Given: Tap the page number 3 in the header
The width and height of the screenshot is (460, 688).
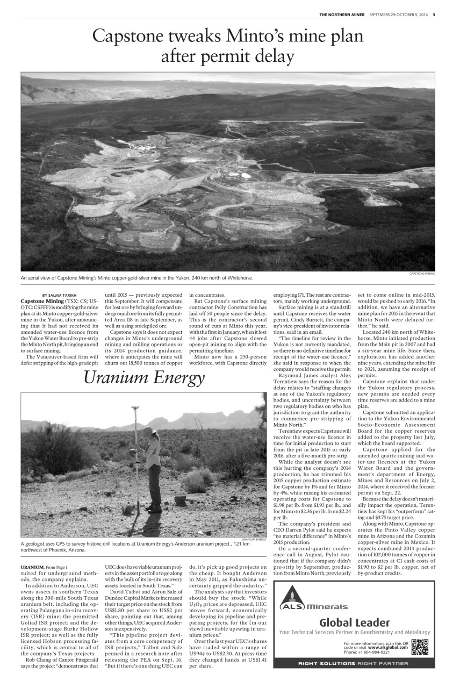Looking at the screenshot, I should point(434,14).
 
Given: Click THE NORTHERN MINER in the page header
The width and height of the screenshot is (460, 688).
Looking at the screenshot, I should point(342,14).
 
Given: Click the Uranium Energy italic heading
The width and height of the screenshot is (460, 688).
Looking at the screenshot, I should point(144,378).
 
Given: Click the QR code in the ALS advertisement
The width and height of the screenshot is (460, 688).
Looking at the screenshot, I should point(420,646).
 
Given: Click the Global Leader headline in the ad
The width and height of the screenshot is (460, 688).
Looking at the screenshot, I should point(354,622).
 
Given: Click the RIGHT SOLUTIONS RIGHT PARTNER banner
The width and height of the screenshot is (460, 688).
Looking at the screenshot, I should point(354,663).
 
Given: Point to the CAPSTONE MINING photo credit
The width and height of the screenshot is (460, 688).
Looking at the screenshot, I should point(422,274).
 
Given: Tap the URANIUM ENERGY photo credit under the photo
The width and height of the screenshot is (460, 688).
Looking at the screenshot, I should point(254,539).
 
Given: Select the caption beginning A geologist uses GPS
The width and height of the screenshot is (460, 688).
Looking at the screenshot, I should point(134,547).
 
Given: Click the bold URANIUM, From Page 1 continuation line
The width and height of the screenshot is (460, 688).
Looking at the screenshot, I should point(45,567).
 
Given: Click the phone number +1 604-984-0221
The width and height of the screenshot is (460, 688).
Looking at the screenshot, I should point(367,652).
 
